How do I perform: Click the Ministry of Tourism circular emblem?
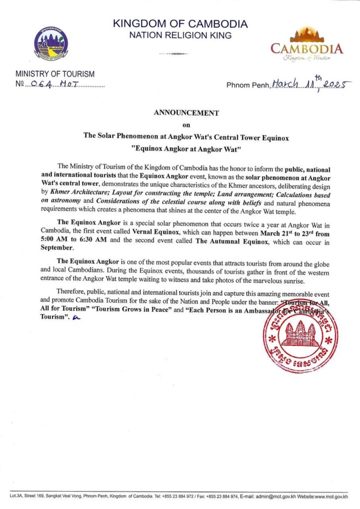pyautogui.click(x=52, y=44)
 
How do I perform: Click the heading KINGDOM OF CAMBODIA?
pyautogui.click(x=180, y=23)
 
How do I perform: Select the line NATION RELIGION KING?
pyautogui.click(x=180, y=35)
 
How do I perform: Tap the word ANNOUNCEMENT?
pyautogui.click(x=186, y=113)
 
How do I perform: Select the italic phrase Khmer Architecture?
pyautogui.click(x=74, y=191)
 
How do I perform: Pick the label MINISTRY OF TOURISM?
pyautogui.click(x=55, y=74)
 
